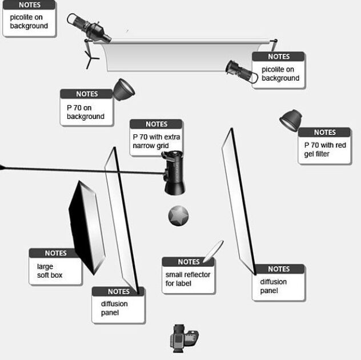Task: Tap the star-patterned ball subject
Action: click(x=178, y=216)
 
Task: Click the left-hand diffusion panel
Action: click(x=122, y=217)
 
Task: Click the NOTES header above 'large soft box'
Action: click(x=55, y=253)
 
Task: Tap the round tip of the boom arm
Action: click(x=2, y=167)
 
